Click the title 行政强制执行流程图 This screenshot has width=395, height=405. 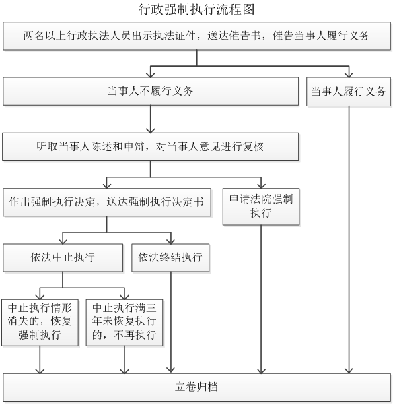pos(196,9)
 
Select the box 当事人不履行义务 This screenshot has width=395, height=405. pos(151,92)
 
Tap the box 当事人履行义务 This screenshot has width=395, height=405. pos(349,92)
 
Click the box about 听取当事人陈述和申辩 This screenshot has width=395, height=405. pos(151,147)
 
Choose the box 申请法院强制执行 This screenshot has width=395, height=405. pos(261,207)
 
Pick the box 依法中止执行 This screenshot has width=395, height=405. pos(63,257)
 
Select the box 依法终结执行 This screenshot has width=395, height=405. pos(170,257)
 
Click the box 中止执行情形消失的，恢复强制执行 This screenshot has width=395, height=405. pos(40,322)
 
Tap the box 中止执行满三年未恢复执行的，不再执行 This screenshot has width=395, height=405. pos(124,322)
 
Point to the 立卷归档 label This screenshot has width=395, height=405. pos(196,387)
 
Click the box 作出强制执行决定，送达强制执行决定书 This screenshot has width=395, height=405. pos(107,202)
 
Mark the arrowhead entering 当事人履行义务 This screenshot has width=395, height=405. pos(349,75)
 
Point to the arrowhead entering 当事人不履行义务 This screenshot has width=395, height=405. pos(151,75)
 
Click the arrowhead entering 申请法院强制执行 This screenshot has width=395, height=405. pos(261,186)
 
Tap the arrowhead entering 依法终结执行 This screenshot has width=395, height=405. pos(170,241)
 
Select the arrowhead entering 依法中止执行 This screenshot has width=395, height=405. pos(63,241)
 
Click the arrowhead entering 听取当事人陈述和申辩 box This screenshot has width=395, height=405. pos(151,130)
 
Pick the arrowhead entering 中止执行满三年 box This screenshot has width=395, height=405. pos(124,297)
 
